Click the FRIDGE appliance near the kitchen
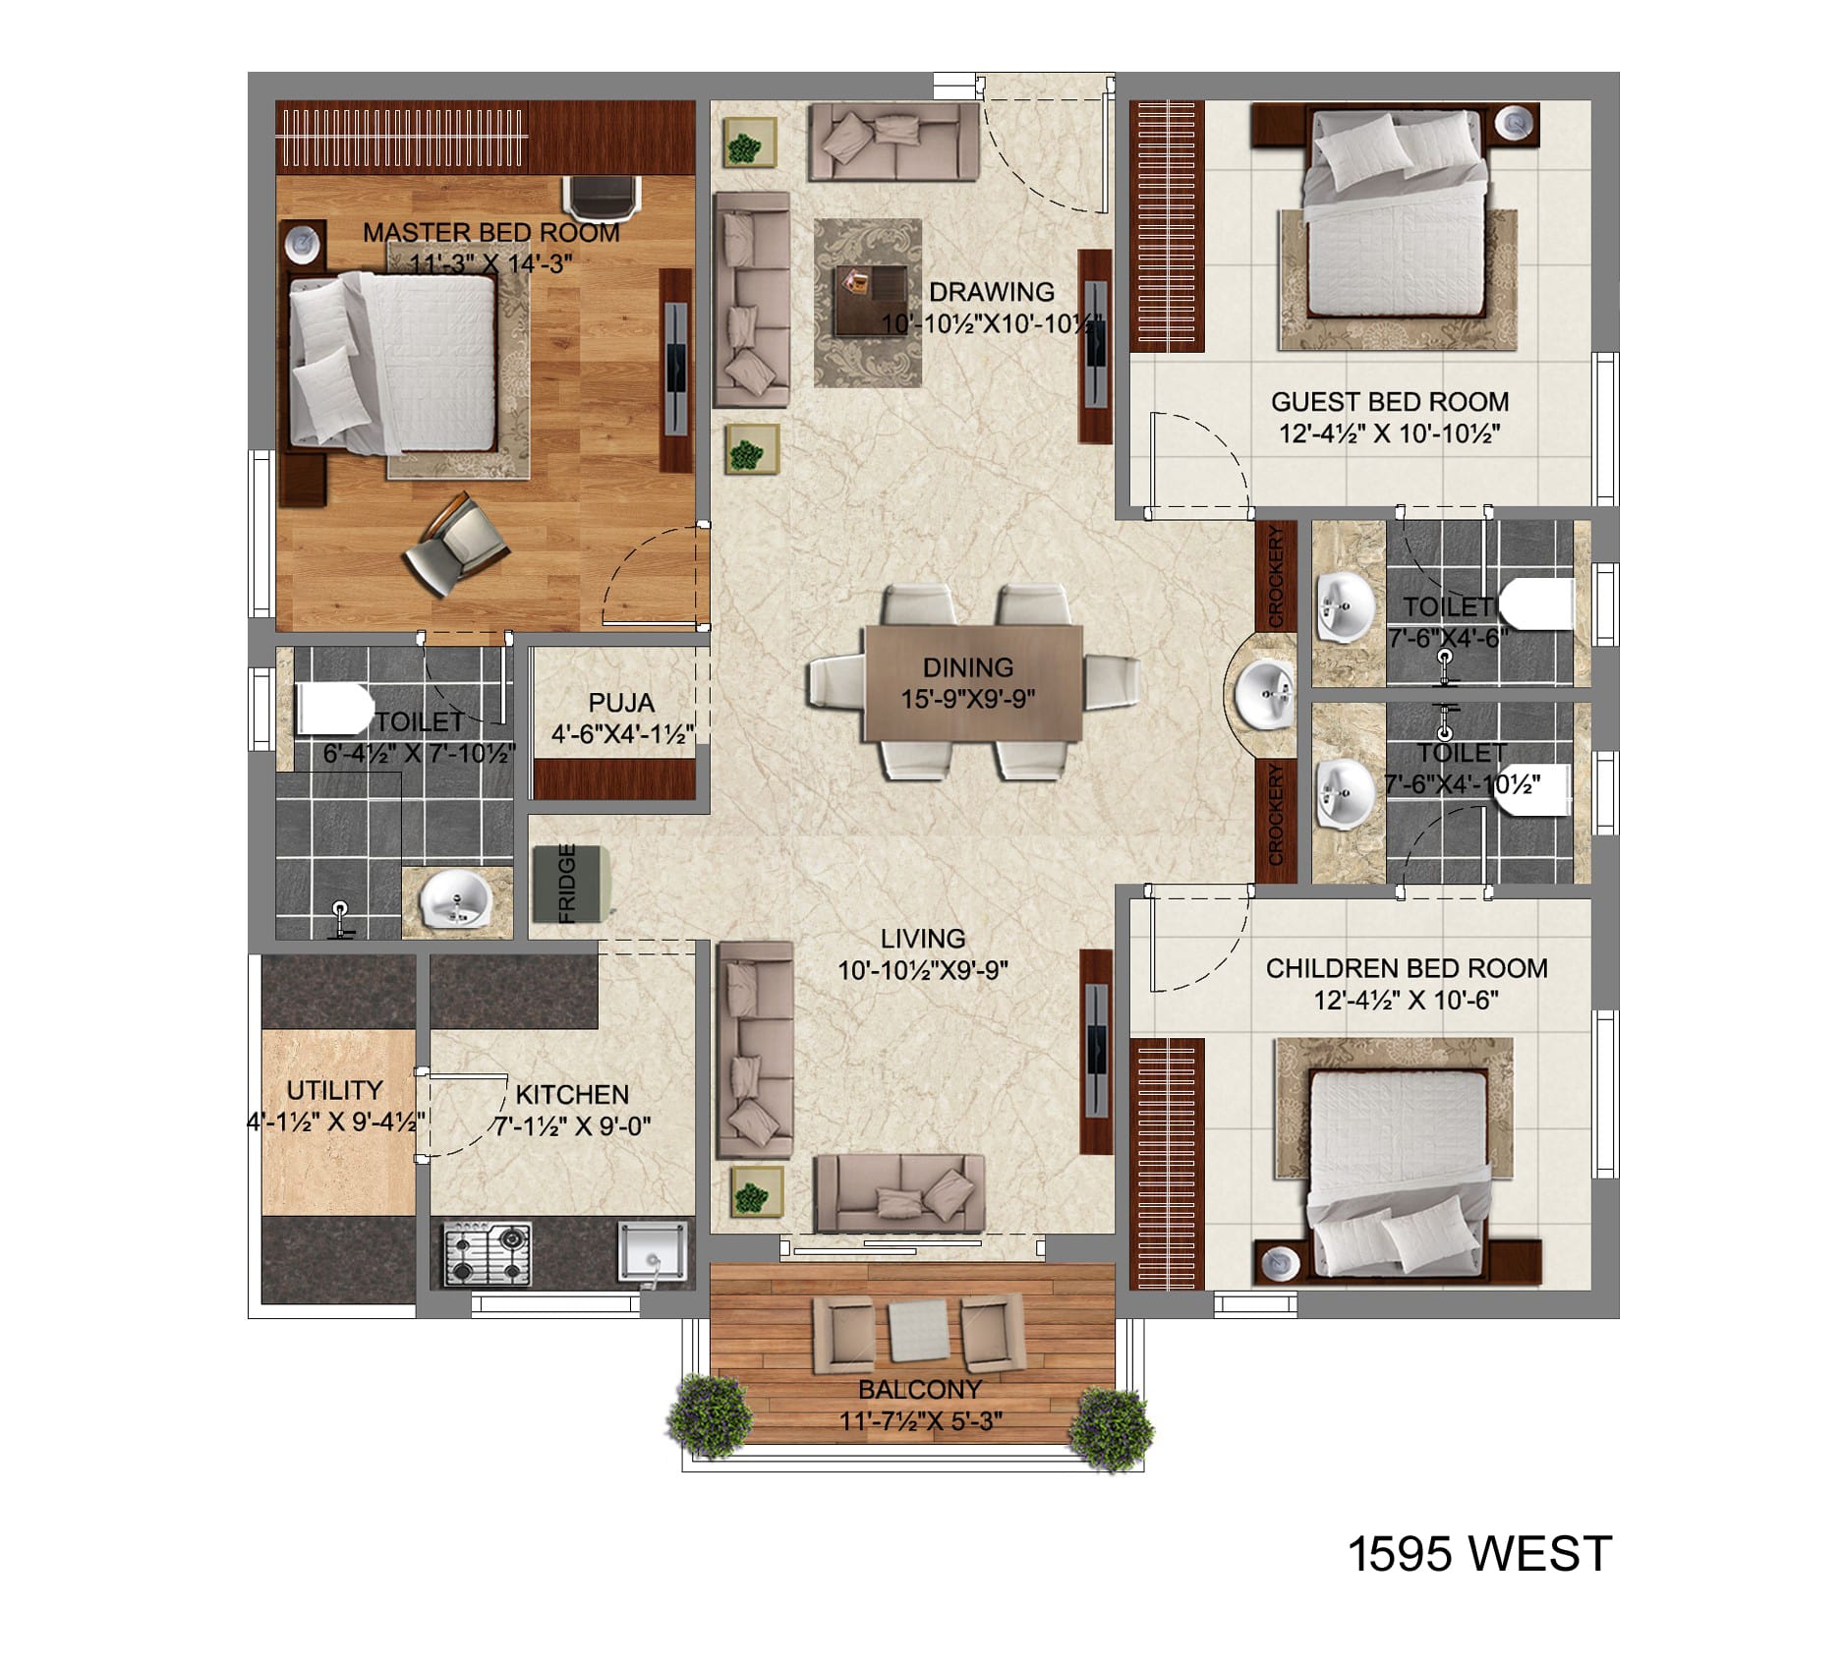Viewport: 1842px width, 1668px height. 573,884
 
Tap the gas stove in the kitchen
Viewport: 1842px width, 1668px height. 488,1253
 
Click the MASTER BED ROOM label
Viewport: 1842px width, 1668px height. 491,233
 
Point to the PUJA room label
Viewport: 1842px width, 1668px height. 621,703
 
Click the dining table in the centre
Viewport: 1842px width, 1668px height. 973,683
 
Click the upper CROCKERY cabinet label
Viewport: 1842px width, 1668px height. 1276,577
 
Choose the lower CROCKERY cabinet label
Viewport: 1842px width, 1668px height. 1276,815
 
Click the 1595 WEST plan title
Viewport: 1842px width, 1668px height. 1478,1554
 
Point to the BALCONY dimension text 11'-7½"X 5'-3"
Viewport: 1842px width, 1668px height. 921,1421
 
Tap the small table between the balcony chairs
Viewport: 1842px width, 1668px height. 918,1329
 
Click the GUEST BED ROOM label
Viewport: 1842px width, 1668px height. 1390,402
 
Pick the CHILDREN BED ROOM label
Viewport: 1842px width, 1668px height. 1407,969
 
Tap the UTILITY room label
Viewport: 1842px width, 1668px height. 334,1090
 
